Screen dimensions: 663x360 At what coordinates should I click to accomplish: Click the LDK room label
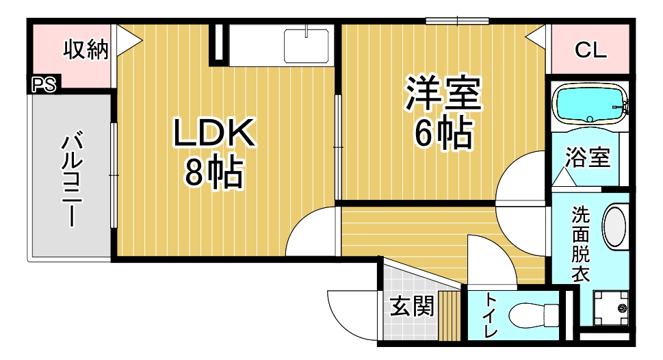click(x=214, y=132)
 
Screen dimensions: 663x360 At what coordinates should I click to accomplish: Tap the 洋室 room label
click(x=443, y=94)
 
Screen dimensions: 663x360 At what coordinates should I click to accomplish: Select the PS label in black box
click(x=44, y=85)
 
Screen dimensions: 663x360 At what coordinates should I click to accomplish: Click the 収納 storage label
click(x=86, y=49)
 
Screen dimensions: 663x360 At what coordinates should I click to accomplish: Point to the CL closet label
click(x=590, y=51)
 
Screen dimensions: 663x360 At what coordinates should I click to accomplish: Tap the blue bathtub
click(x=590, y=103)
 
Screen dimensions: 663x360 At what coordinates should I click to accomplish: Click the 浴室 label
click(x=588, y=157)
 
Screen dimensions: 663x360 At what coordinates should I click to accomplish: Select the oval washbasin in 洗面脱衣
click(x=615, y=226)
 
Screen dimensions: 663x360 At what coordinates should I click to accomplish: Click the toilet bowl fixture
click(x=534, y=315)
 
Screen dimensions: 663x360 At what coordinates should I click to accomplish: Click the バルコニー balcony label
click(x=72, y=180)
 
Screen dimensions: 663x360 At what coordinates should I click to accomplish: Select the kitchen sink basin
click(x=307, y=46)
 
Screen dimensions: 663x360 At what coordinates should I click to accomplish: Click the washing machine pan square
click(x=610, y=307)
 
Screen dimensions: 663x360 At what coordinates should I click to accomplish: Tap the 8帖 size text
click(x=214, y=172)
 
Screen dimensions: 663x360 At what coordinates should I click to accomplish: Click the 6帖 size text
click(x=443, y=133)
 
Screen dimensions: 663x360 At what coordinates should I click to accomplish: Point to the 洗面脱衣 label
click(x=580, y=244)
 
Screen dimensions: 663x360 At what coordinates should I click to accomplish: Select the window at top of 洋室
click(x=457, y=21)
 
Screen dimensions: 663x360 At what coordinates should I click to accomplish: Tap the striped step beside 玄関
click(x=449, y=316)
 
